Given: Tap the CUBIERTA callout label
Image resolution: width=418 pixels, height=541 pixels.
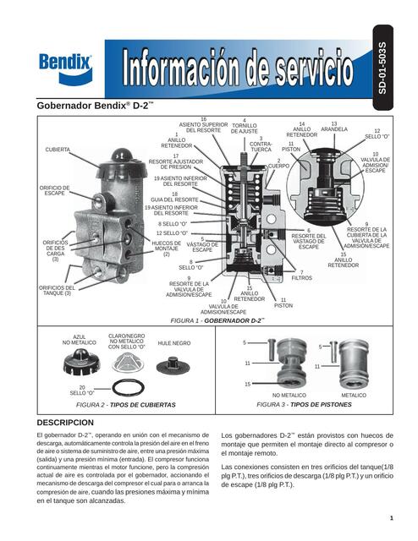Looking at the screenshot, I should click(x=58, y=149).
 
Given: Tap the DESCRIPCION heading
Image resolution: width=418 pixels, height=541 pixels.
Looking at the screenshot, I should click(x=72, y=421).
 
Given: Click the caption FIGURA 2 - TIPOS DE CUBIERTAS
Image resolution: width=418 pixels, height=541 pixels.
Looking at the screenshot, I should click(x=125, y=405).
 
